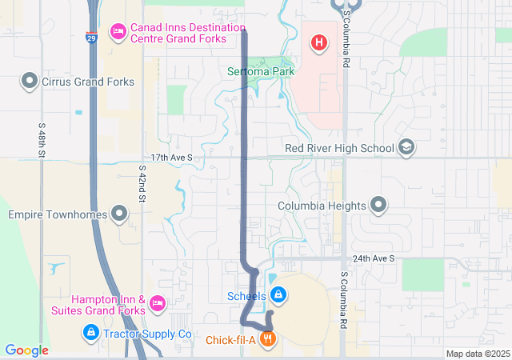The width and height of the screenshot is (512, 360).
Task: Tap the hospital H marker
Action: (319, 42)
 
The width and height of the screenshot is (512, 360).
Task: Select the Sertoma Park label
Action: (261, 71)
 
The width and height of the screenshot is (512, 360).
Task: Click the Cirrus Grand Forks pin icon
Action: (30, 81)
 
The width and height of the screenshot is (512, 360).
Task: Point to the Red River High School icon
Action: (406, 147)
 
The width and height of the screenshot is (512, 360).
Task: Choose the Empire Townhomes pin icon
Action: (119, 214)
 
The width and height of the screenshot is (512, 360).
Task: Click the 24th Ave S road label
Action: (374, 259)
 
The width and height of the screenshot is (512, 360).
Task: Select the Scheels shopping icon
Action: (277, 295)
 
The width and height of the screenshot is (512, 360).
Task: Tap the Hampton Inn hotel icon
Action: (158, 304)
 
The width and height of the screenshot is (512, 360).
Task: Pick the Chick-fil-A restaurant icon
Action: (267, 339)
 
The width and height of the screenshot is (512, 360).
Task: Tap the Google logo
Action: (26, 350)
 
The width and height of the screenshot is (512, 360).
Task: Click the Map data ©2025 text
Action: (478, 354)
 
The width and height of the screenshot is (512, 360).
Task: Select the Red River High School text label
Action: (339, 148)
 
